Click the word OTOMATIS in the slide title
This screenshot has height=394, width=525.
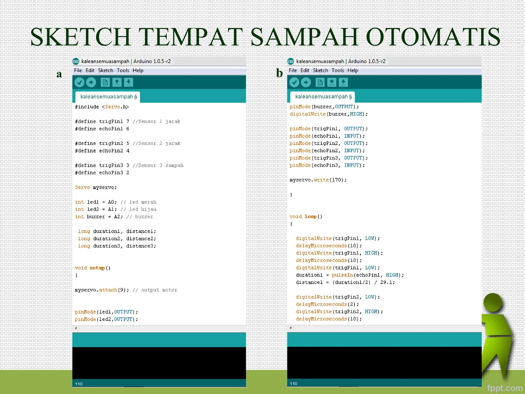tap(433, 37)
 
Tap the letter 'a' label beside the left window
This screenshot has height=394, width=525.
tap(59, 74)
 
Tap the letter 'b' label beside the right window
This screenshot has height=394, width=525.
tap(279, 73)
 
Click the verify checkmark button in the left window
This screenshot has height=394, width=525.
tap(79, 82)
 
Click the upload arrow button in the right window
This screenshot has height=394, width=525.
tap(306, 82)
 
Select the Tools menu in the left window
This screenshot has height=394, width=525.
tap(123, 70)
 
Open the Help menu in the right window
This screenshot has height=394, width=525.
tap(352, 70)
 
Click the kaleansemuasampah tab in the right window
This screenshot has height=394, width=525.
tap(323, 97)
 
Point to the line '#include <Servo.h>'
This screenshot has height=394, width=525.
tap(102, 107)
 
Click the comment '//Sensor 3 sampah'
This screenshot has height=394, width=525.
tap(158, 165)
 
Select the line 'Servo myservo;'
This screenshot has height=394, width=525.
tap(96, 188)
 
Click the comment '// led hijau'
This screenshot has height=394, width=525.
tap(138, 209)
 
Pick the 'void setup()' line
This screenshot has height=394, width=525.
tap(93, 268)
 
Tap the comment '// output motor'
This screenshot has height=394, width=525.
tap(155, 290)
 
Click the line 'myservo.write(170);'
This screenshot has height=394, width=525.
tap(318, 180)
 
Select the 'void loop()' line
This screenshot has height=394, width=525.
tap(306, 216)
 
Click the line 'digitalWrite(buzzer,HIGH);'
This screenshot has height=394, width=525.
tap(329, 114)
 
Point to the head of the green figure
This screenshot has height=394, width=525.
tap(493, 302)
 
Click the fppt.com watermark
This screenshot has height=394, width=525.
tap(504, 388)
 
